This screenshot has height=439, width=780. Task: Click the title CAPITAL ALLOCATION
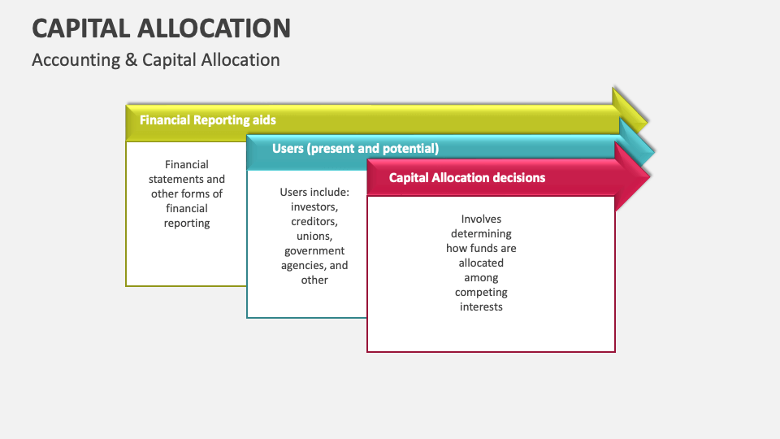tap(161, 28)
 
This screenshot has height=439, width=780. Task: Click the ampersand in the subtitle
tap(131, 60)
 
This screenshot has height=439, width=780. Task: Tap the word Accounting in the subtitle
tap(76, 60)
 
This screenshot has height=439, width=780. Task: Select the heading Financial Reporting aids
tap(207, 120)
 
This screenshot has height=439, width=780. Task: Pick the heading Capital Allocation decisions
tap(466, 177)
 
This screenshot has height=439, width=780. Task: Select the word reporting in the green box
tap(187, 223)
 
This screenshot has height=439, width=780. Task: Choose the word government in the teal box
tap(314, 250)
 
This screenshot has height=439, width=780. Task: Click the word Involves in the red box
tap(481, 219)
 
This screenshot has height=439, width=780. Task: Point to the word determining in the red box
tap(481, 233)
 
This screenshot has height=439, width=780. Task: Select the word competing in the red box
tap(481, 292)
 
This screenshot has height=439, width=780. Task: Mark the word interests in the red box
tap(481, 306)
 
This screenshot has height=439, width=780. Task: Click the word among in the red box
tap(481, 277)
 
